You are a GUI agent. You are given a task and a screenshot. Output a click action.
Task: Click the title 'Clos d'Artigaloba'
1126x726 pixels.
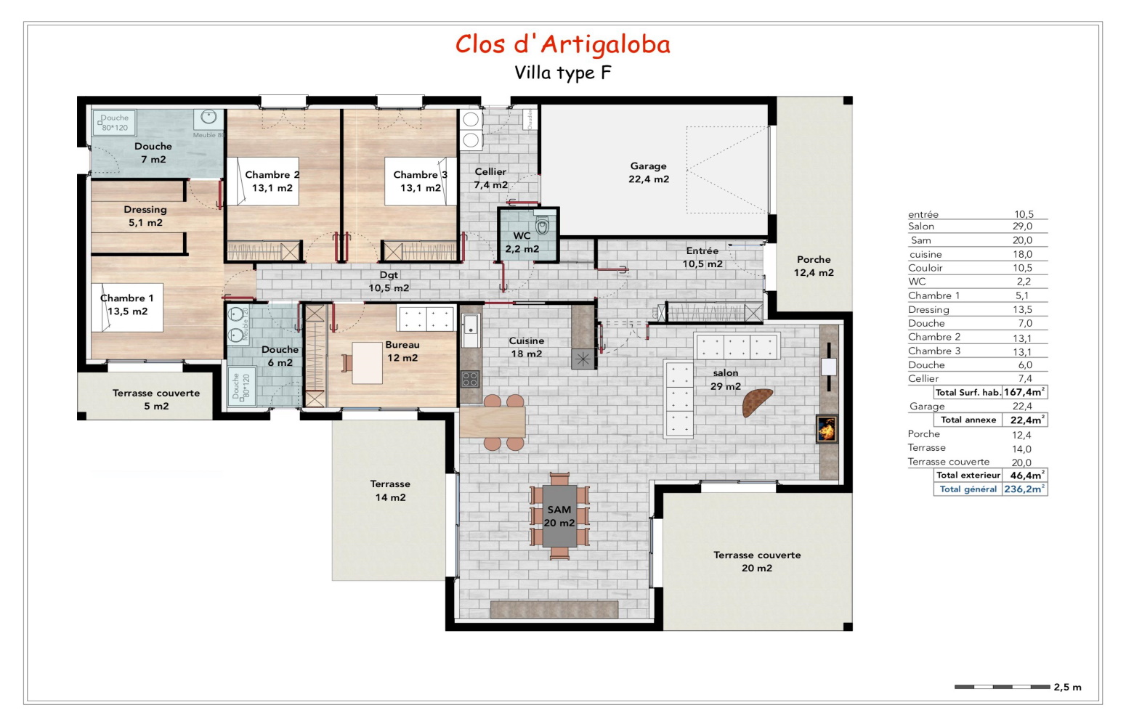562,44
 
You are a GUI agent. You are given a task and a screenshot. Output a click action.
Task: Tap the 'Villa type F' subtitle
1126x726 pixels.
562,73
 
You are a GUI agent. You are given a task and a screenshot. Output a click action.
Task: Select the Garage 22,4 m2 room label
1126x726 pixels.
648,173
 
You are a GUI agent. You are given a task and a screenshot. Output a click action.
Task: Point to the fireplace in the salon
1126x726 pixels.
827,428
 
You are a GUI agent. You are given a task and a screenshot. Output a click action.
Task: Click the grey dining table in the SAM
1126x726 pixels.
559,516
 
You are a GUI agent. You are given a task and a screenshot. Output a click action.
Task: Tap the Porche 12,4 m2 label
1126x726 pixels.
813,266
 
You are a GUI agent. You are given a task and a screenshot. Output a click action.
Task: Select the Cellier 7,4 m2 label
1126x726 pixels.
490,179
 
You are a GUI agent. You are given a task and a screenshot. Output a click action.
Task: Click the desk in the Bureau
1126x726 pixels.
367,362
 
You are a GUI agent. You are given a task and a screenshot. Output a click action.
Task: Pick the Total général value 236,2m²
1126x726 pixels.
1024,489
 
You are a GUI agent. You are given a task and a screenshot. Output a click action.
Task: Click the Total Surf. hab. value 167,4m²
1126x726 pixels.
1024,392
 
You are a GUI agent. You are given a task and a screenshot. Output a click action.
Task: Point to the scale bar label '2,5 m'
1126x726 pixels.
1067,687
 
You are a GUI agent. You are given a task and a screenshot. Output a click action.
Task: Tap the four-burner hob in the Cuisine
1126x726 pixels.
470,379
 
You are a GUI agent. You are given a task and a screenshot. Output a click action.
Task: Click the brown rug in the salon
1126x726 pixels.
757,401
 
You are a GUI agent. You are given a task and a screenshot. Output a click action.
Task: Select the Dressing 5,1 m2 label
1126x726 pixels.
145,216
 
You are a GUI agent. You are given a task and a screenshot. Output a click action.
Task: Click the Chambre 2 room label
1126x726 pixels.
272,181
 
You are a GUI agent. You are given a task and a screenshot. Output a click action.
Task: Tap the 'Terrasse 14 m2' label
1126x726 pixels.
390,491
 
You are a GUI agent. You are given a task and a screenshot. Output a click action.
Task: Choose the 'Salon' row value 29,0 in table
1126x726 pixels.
1022,227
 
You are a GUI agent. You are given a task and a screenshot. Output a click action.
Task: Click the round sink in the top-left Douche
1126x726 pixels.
209,117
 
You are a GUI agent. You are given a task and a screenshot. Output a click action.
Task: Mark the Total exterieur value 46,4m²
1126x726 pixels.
1025,476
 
